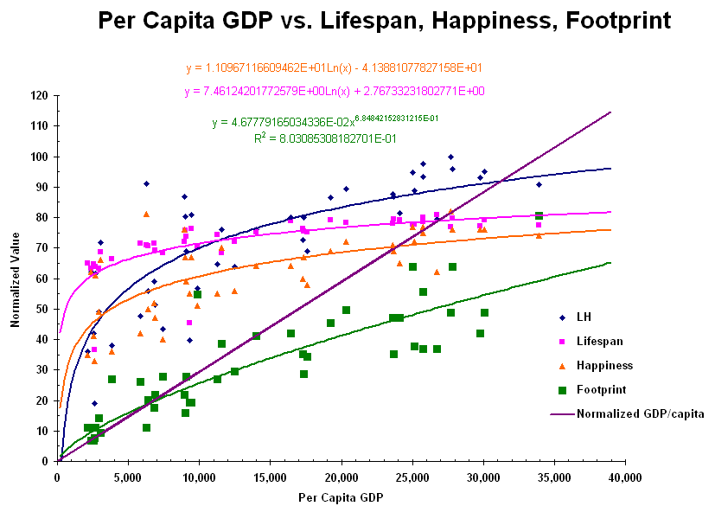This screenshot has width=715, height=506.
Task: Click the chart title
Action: click(x=384, y=20)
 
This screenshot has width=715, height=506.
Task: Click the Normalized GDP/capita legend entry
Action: click(x=639, y=413)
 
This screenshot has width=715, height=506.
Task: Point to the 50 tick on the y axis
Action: click(x=41, y=309)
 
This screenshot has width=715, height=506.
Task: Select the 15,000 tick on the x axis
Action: click(x=270, y=476)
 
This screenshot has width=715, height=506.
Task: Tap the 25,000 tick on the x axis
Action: click(x=412, y=476)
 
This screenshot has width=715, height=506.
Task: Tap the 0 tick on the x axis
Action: click(x=57, y=476)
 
